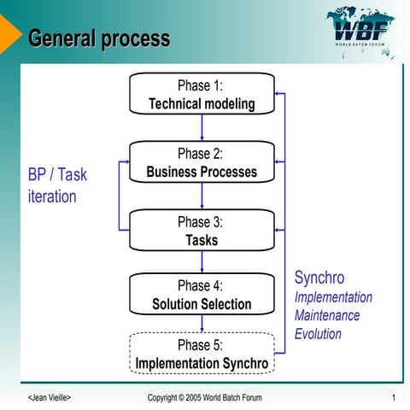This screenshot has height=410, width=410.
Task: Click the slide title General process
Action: (x=99, y=38)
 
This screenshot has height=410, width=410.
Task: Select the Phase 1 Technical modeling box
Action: (x=202, y=94)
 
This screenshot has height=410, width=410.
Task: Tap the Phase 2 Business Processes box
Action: (x=202, y=162)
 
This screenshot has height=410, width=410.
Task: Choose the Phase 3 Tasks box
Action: (x=202, y=231)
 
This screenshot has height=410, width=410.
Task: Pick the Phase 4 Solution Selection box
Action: (x=202, y=295)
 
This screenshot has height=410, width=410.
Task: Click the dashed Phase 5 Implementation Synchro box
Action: (x=202, y=354)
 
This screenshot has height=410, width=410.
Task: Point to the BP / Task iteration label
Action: (x=58, y=185)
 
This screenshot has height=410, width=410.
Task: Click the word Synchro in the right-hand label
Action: (x=319, y=278)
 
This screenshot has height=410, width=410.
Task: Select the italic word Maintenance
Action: (x=327, y=315)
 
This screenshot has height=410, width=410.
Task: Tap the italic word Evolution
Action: (x=318, y=333)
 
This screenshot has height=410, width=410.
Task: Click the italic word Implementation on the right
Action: (x=333, y=297)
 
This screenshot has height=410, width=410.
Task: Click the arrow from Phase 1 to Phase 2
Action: (x=202, y=127)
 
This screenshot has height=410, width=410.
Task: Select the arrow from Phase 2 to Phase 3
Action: (x=202, y=196)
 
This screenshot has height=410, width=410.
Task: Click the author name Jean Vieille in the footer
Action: (x=50, y=398)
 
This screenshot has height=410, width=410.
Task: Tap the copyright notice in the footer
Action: (x=205, y=398)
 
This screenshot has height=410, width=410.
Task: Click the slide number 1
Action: (x=392, y=398)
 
